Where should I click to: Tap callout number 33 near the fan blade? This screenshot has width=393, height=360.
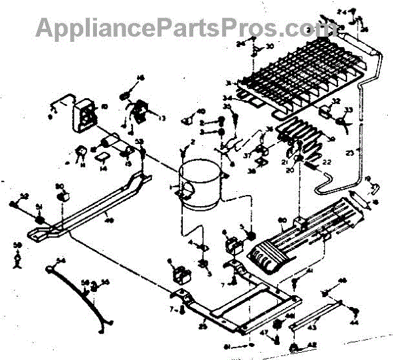(x=348, y=109)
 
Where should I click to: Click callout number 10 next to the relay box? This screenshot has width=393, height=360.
(x=103, y=107)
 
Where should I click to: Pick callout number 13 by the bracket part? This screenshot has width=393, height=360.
(x=161, y=118)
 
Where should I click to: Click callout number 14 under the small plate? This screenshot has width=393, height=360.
(x=103, y=168)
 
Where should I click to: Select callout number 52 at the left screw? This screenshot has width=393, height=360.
(x=24, y=195)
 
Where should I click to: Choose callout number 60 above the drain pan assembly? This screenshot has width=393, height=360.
(x=283, y=220)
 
